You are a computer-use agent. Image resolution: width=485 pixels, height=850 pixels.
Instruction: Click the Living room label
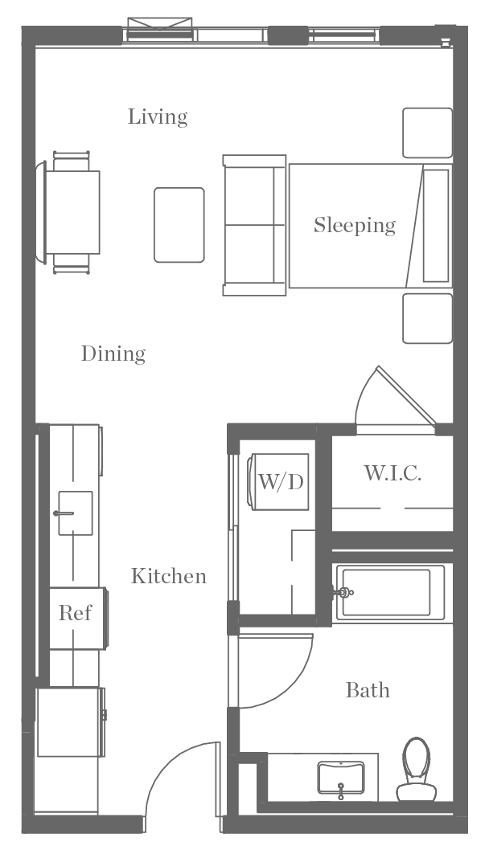click(158, 117)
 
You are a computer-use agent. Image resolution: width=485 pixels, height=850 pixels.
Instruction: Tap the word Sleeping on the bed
click(354, 225)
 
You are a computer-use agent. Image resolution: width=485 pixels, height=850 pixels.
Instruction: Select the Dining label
click(113, 353)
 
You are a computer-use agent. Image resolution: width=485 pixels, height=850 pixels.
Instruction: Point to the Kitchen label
click(169, 576)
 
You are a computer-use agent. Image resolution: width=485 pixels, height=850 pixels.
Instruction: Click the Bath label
click(368, 690)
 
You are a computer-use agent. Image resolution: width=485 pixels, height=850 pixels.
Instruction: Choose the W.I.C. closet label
click(393, 473)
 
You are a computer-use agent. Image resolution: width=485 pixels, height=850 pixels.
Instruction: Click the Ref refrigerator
click(76, 614)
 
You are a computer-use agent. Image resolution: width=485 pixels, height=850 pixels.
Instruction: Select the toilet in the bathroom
click(417, 767)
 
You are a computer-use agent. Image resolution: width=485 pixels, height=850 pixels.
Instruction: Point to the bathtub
click(393, 594)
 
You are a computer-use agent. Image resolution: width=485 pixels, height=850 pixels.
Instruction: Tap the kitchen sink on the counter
click(74, 513)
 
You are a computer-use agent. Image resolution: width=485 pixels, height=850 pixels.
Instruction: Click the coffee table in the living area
click(179, 225)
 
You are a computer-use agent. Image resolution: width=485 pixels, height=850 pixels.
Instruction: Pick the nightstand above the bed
click(427, 133)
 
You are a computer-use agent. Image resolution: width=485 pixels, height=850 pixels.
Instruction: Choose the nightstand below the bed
click(427, 318)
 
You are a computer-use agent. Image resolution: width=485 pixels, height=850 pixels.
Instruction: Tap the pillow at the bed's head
click(437, 225)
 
